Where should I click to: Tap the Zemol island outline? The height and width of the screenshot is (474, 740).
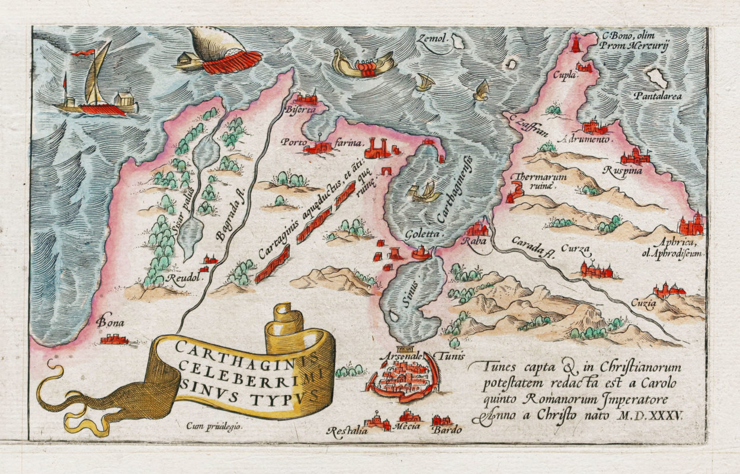click(457, 41)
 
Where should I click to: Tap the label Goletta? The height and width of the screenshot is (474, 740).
click(419, 234)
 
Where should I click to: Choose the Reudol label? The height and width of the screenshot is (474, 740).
click(188, 277)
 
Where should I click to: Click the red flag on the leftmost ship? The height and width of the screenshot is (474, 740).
click(84, 53)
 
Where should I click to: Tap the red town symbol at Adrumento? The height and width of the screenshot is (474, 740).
click(595, 126)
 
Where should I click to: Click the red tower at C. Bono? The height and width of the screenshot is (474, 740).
click(575, 45)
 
